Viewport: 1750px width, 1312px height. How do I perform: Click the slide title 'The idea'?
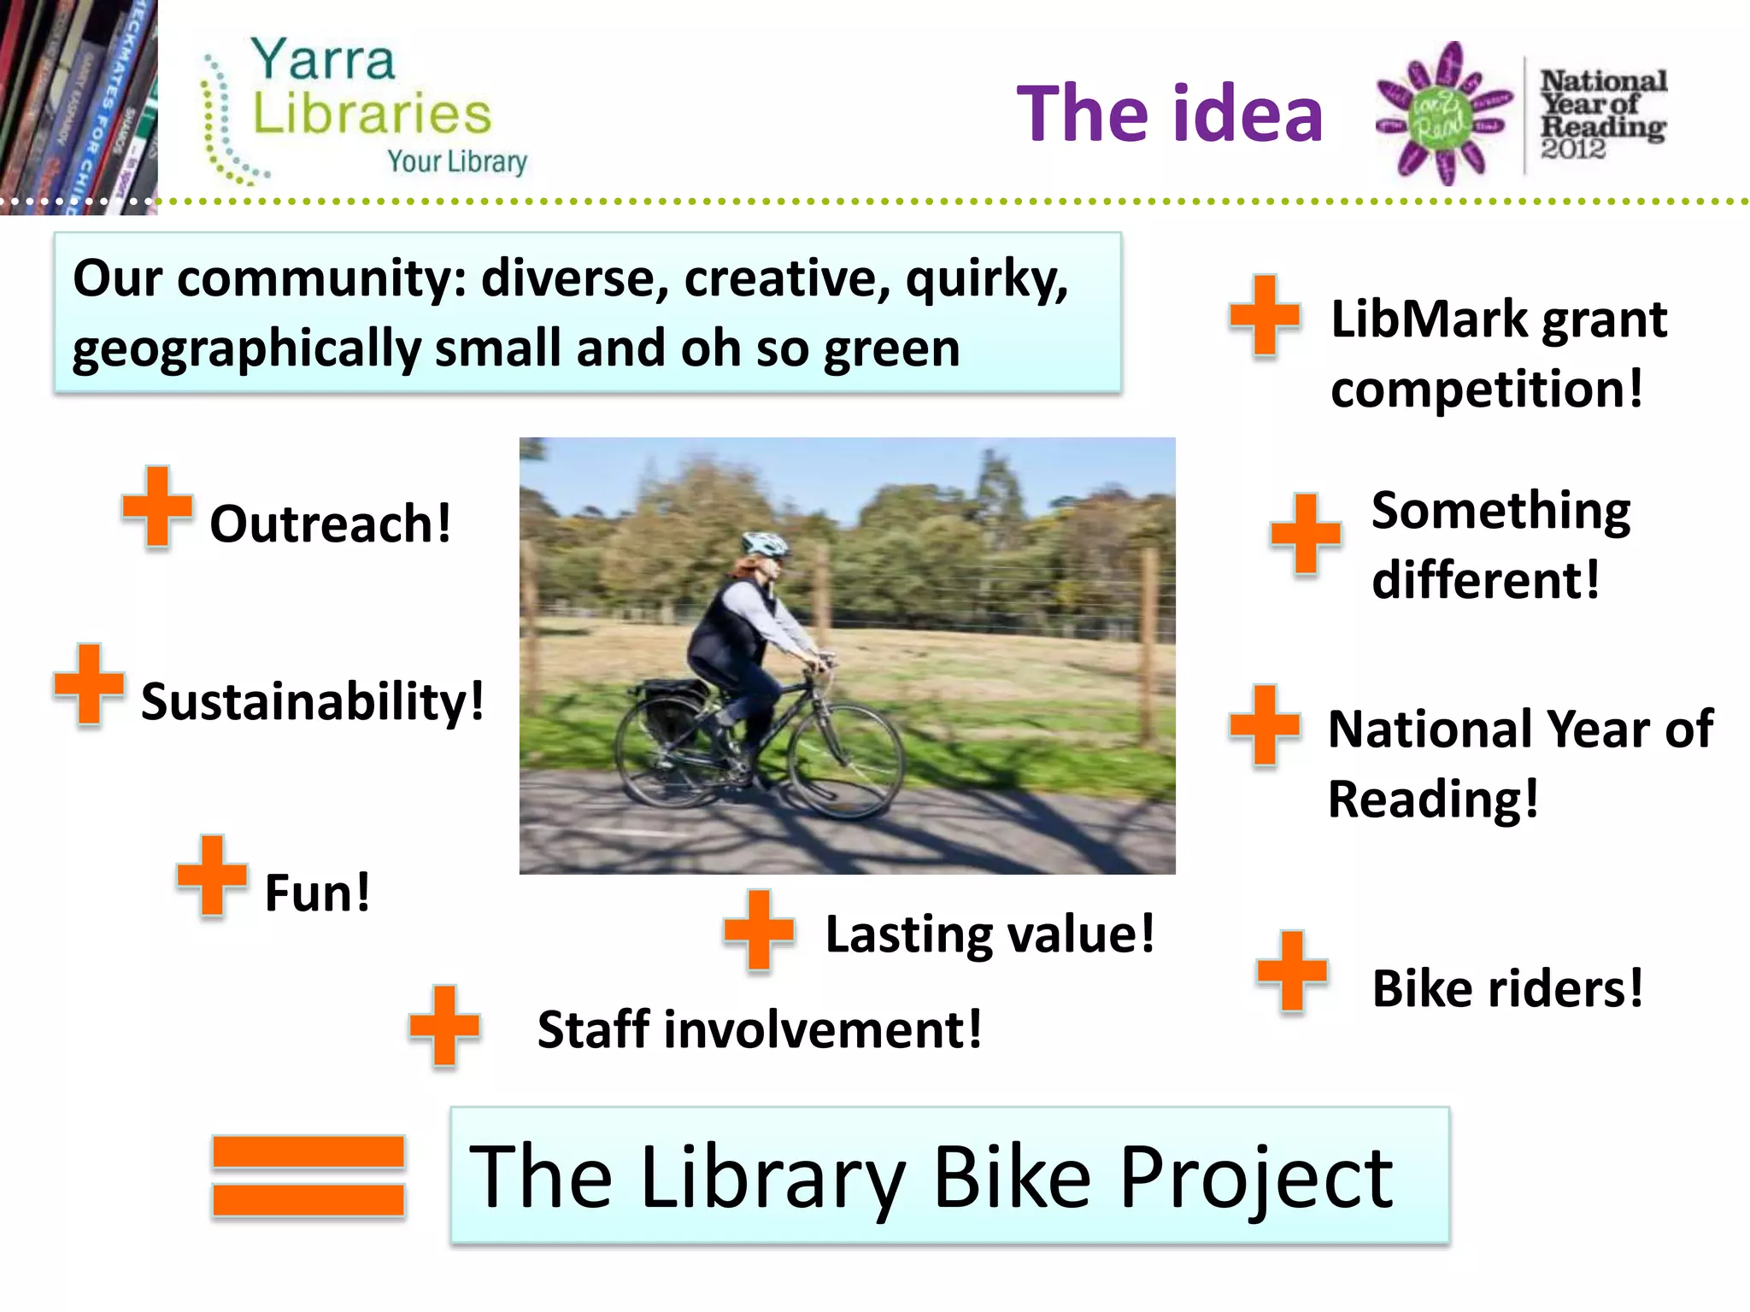[1169, 114]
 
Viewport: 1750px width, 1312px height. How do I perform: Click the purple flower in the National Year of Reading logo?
[1443, 114]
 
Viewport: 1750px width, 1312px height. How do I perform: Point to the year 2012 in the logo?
[1573, 149]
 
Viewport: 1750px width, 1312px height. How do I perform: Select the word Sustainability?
[313, 701]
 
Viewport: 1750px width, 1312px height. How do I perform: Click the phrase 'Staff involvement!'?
[759, 1029]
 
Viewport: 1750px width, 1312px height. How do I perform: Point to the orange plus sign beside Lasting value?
[759, 930]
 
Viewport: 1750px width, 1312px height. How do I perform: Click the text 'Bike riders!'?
[1507, 989]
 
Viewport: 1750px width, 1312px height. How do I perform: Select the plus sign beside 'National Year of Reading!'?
[1265, 725]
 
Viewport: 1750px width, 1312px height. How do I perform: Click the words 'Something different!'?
[1500, 545]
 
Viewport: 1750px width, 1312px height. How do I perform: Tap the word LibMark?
[1429, 319]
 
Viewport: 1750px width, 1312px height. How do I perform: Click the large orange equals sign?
[308, 1176]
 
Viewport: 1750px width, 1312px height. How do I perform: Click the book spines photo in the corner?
[79, 107]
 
